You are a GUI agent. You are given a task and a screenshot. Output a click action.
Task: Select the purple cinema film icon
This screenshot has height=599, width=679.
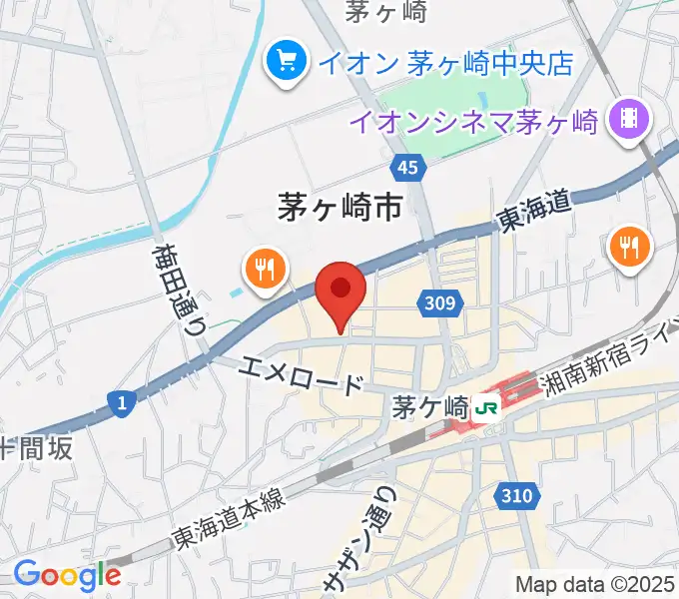pyautogui.click(x=631, y=121)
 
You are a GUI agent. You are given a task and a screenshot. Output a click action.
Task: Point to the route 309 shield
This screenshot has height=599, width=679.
pyautogui.click(x=441, y=302)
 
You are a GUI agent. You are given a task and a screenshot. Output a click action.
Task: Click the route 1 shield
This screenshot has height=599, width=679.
pyautogui.click(x=120, y=402)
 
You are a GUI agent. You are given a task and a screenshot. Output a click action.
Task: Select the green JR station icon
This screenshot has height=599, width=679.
pyautogui.click(x=486, y=407)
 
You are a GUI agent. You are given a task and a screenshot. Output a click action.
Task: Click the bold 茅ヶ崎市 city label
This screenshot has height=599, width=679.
pyautogui.click(x=339, y=207)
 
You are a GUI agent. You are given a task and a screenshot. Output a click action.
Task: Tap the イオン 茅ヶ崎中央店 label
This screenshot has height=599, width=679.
pyautogui.click(x=445, y=63)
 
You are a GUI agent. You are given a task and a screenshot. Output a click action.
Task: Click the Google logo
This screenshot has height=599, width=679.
pyautogui.click(x=66, y=575)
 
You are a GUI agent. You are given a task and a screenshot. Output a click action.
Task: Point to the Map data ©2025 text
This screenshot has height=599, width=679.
pyautogui.click(x=595, y=583)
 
